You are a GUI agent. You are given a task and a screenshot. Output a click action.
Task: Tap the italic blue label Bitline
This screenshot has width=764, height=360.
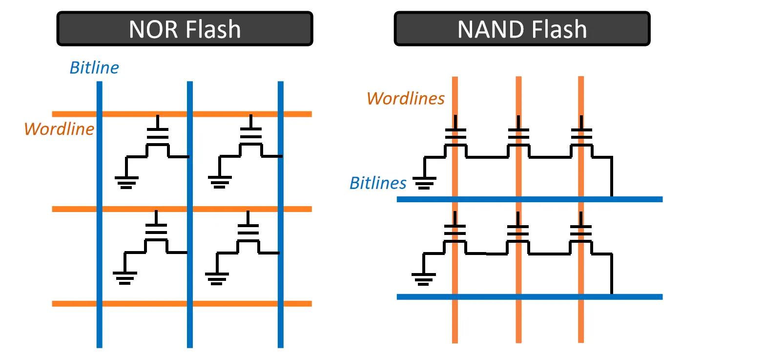click(x=94, y=67)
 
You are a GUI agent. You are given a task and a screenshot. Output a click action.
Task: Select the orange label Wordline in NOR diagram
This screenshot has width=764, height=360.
click(x=59, y=129)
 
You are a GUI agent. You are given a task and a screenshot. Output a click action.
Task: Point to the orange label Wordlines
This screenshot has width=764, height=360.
click(x=406, y=98)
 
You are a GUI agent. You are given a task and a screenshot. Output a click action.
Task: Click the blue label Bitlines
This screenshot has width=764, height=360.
click(x=378, y=183)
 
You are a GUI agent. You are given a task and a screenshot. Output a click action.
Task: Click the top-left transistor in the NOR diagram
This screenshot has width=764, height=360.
click(x=157, y=142)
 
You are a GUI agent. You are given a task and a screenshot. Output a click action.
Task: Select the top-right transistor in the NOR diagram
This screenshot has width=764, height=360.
click(x=251, y=142)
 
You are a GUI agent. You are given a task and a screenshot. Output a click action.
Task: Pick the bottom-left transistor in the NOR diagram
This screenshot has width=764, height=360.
click(x=156, y=237)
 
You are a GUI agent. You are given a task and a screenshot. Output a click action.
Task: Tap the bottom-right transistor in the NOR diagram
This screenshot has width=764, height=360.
click(x=248, y=237)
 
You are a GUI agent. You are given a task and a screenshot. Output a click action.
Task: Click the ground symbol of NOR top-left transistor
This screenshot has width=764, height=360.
click(x=126, y=182)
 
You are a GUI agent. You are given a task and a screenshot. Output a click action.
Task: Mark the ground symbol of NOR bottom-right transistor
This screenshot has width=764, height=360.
click(x=217, y=278)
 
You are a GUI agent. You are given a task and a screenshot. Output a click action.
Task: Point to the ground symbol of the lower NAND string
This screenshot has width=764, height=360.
click(x=423, y=279)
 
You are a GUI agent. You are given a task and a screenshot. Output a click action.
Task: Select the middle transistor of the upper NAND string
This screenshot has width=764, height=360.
click(x=518, y=139)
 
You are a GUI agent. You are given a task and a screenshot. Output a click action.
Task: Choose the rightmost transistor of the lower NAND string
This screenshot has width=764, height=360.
click(x=581, y=235)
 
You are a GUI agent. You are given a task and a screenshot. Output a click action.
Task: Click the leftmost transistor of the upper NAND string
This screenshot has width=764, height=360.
click(x=455, y=139)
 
